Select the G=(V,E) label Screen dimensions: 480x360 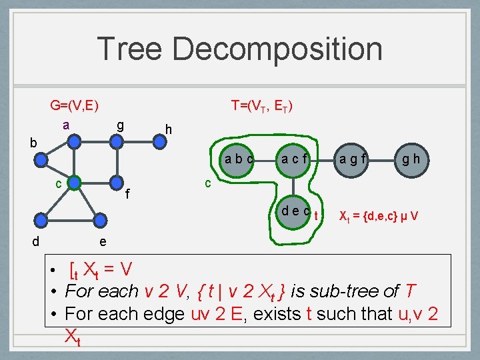click(74, 105)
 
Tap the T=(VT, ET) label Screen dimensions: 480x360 click(261, 105)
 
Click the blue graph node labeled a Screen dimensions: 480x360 click(75, 141)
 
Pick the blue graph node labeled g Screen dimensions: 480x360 click(118, 141)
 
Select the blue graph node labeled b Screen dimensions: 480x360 click(41, 159)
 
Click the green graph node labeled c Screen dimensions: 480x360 click(75, 182)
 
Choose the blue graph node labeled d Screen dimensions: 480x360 click(41, 219)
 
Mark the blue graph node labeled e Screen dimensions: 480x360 click(100, 219)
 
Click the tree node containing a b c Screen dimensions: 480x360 click(238, 159)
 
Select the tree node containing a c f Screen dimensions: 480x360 click(294, 159)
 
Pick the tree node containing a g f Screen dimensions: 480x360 click(353, 159)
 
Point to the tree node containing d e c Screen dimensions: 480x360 click(294, 211)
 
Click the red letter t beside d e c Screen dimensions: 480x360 click(316, 215)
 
